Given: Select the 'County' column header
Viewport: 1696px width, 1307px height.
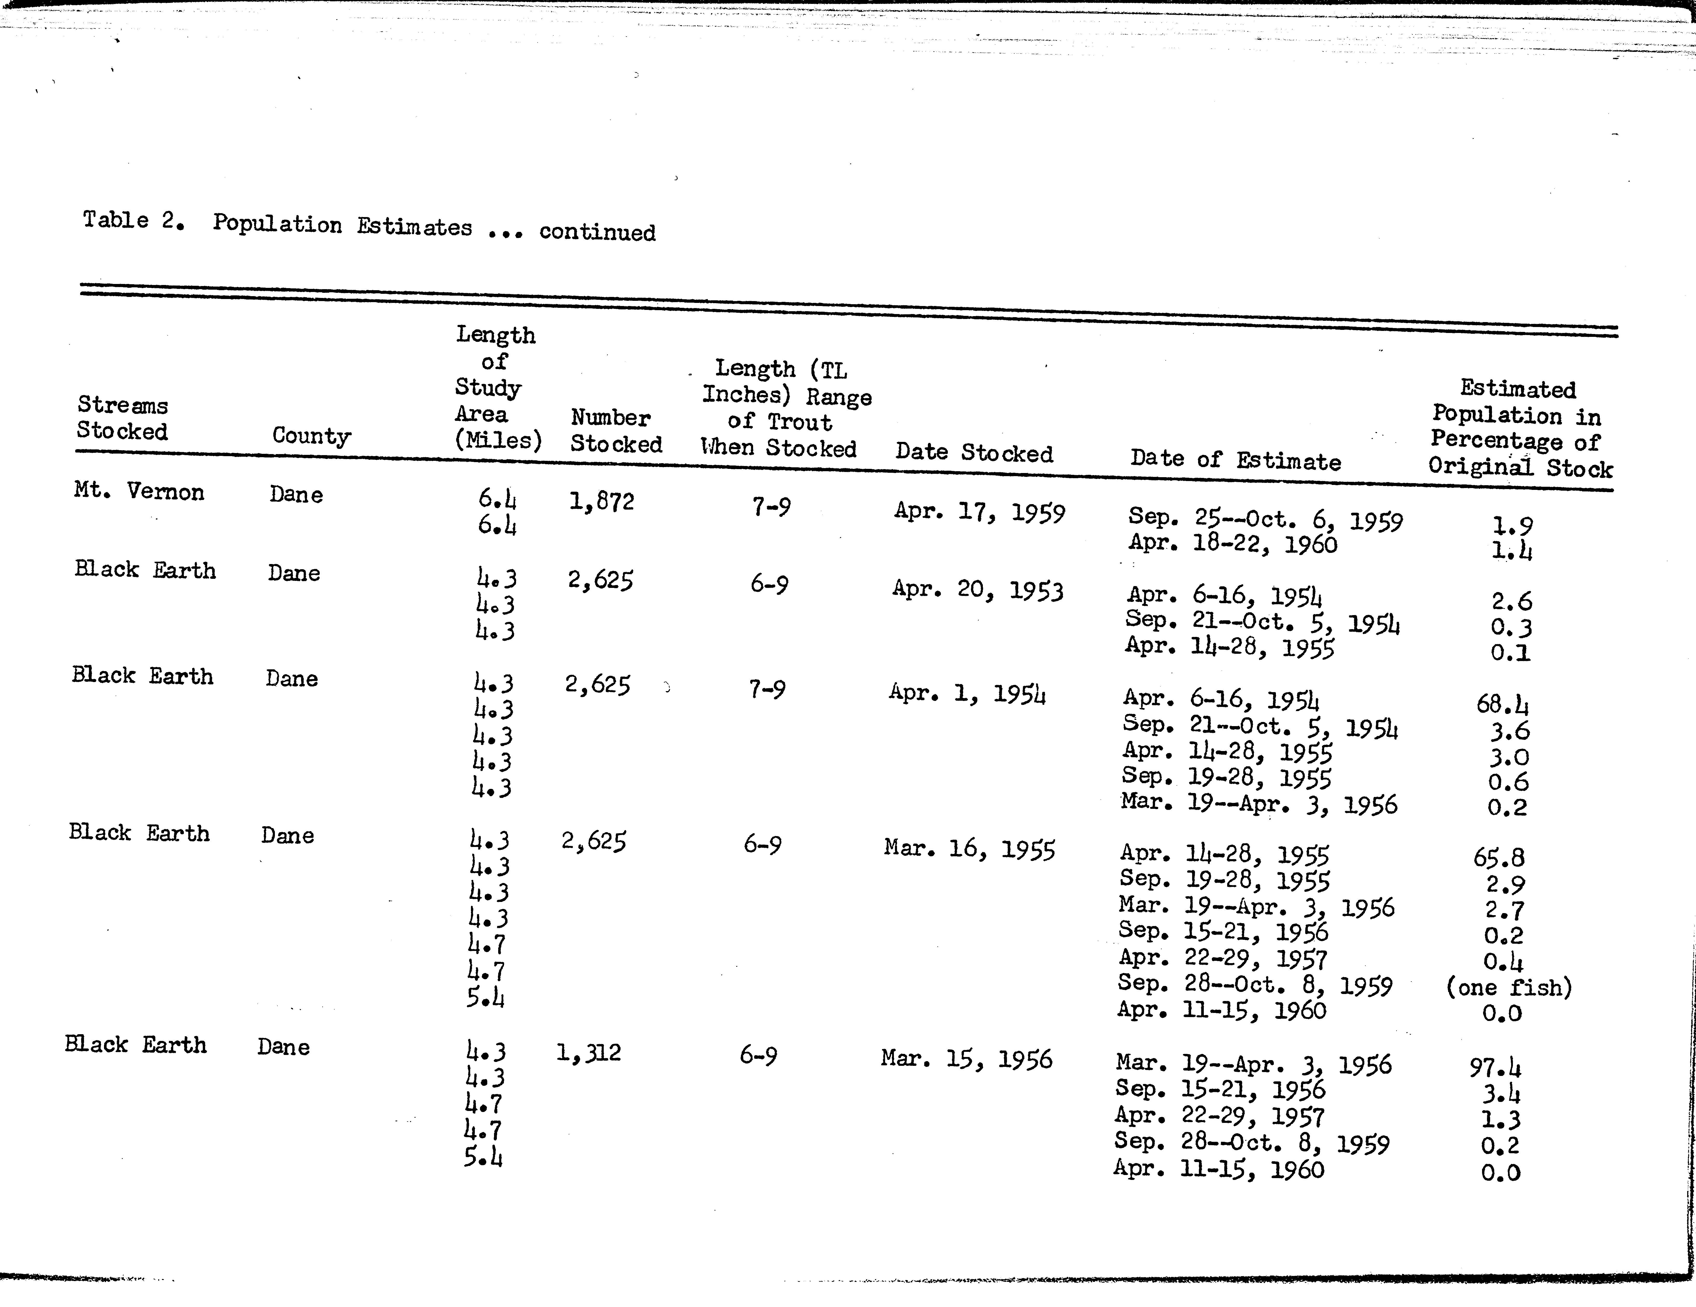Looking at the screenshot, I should pos(311,436).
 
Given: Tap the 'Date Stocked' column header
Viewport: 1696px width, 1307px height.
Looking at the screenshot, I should pos(974,453).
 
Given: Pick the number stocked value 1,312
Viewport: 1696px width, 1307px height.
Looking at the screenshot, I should pos(589,1053).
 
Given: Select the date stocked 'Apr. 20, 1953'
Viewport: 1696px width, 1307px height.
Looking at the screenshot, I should pos(977,590).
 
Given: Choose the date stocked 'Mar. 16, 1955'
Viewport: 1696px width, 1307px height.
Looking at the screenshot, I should pos(969,849).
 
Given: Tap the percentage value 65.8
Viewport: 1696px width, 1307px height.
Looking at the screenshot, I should pos(1499,857).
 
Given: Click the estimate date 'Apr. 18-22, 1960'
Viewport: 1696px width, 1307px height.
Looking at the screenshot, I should pos(1232,544).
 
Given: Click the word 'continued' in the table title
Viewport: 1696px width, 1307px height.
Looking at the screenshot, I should pos(597,232).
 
